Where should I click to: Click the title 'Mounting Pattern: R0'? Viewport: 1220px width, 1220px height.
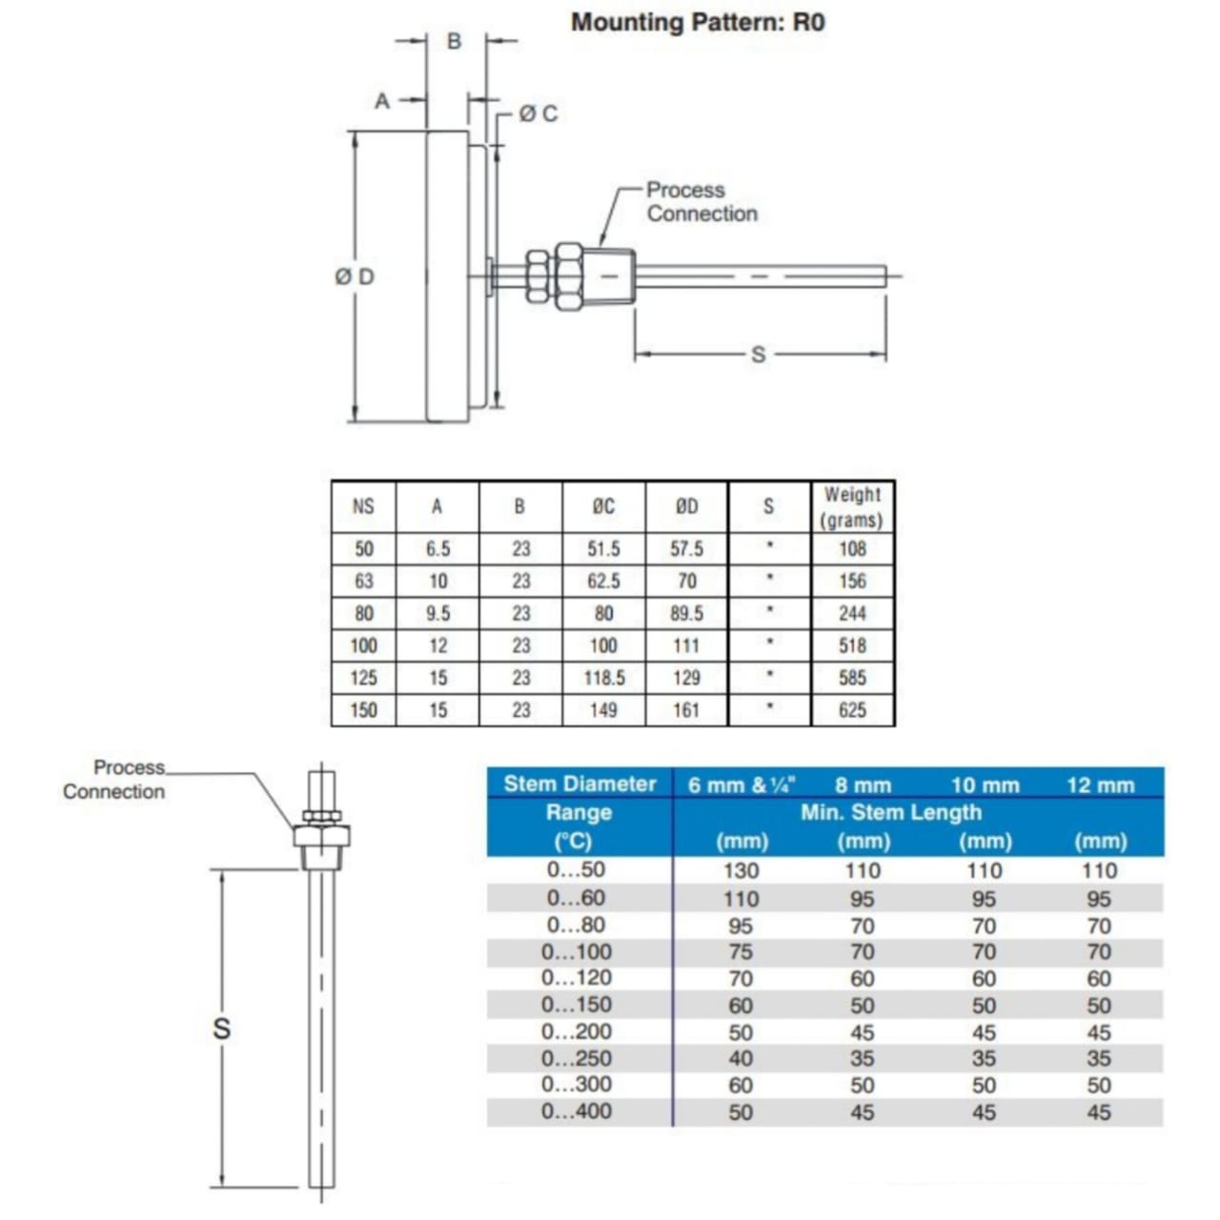[x=698, y=22]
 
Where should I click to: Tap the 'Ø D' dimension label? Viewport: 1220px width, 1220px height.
[x=355, y=276]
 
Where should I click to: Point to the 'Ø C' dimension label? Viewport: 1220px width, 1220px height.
[x=539, y=113]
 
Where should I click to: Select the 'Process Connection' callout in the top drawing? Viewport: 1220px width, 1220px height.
[x=701, y=202]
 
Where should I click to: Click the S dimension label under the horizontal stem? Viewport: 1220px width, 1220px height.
[x=759, y=355]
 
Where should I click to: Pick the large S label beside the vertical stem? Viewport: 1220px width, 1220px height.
[x=221, y=1028]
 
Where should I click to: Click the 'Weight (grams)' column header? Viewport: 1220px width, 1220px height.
[x=852, y=507]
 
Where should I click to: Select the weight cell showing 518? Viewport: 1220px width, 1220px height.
[x=852, y=645]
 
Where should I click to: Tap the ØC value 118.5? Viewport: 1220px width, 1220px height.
[x=604, y=678]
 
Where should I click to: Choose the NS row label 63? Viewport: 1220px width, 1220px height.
[x=363, y=581]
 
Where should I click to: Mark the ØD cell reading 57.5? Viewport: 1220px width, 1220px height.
[x=686, y=549]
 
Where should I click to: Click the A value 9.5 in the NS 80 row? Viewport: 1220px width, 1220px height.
[x=437, y=614]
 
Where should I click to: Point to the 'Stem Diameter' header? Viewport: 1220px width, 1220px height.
[x=579, y=784]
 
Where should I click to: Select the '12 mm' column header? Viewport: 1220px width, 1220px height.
[x=1100, y=785]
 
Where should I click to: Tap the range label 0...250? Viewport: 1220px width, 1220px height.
[x=577, y=1058]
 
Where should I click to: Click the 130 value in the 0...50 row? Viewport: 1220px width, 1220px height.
[x=741, y=870]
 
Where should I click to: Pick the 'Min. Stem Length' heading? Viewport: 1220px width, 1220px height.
[x=890, y=812]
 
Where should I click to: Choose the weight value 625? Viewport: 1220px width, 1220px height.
[x=852, y=710]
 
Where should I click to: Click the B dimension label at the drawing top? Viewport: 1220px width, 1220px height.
[x=455, y=41]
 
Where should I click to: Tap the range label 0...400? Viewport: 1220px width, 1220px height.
[x=577, y=1111]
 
